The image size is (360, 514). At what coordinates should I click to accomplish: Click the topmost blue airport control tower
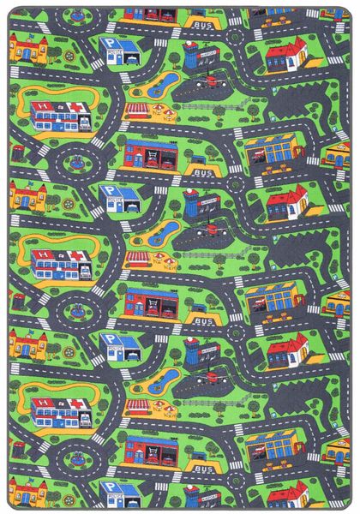(x=191, y=57)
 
